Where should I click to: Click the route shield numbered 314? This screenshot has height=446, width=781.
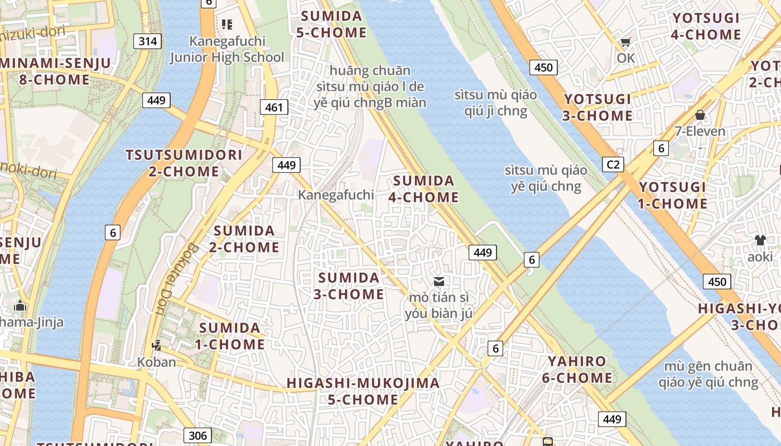[x=148, y=41]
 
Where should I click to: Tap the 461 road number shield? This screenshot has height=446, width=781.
[x=274, y=107]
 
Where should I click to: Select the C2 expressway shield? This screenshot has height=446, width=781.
[x=613, y=164]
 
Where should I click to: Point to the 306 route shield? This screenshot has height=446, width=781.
[x=197, y=435]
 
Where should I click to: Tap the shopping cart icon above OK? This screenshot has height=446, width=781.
[x=626, y=42]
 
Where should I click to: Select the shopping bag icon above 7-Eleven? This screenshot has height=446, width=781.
[x=700, y=115]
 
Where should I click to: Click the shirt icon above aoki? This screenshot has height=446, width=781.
[x=760, y=240]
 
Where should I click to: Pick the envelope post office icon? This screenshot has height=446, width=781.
[x=439, y=282]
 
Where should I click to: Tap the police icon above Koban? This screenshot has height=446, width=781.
[x=157, y=346]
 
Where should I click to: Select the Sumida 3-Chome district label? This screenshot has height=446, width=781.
[x=349, y=285]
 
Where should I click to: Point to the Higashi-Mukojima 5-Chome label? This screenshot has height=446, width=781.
[x=363, y=391]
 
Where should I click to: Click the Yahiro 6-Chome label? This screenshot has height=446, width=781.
[x=577, y=369]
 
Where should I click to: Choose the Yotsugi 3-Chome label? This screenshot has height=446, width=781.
[x=598, y=108]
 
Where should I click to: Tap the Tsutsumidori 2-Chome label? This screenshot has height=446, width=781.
[x=184, y=163]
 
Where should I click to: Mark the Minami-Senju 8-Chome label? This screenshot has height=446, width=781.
[x=55, y=71]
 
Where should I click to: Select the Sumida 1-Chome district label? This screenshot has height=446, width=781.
[x=230, y=336]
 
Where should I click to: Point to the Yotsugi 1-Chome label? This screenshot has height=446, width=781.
[x=672, y=195]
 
